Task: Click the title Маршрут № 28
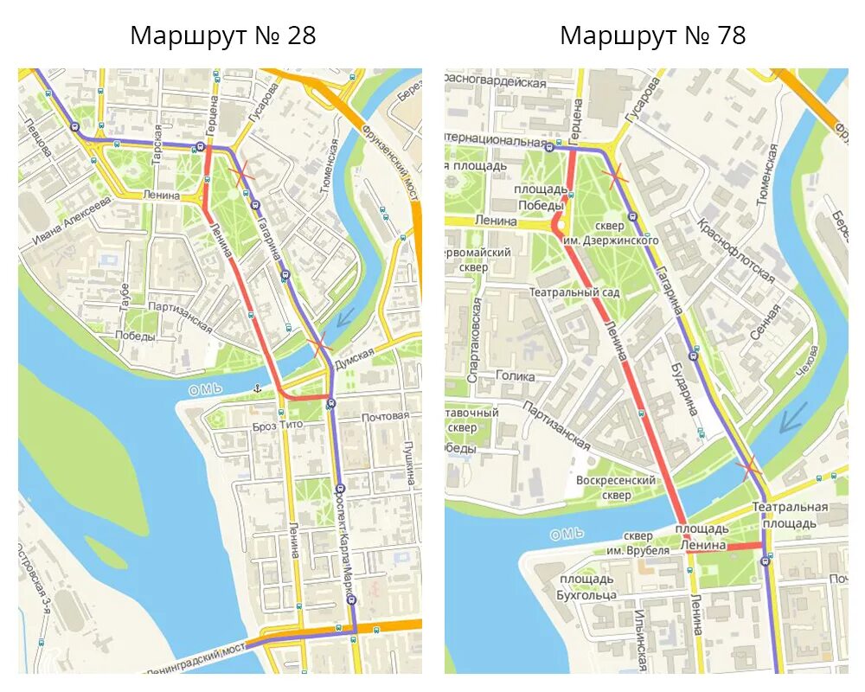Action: tap(222, 35)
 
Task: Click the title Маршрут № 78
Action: tap(652, 35)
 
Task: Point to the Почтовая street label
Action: tap(385, 416)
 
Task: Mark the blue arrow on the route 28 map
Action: tap(344, 317)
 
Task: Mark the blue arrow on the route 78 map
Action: tap(791, 417)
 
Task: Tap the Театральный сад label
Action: tap(574, 292)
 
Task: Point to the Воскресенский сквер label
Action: tap(616, 488)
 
